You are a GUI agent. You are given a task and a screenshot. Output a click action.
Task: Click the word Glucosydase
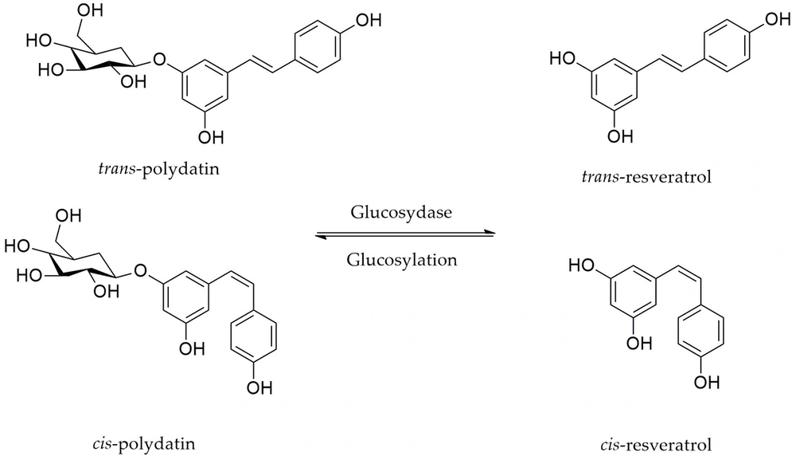(x=401, y=214)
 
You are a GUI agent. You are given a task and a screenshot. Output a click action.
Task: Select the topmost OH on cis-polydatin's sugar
(x=69, y=217)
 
